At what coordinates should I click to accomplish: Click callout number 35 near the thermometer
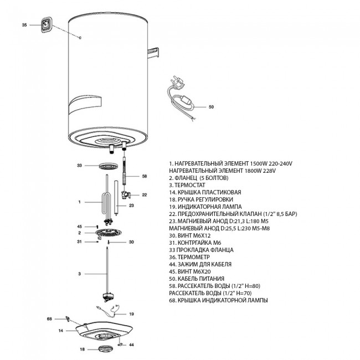pyautogui.click(x=24, y=25)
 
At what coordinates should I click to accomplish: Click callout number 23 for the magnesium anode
pyautogui.click(x=131, y=205)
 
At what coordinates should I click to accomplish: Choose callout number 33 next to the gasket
pyautogui.click(x=79, y=165)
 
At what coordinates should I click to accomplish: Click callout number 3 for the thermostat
pyautogui.click(x=80, y=274)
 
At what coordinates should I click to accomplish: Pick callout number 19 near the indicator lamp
pyautogui.click(x=131, y=314)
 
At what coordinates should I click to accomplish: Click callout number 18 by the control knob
pyautogui.click(x=82, y=349)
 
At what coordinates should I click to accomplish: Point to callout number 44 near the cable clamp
pyautogui.click(x=131, y=344)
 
